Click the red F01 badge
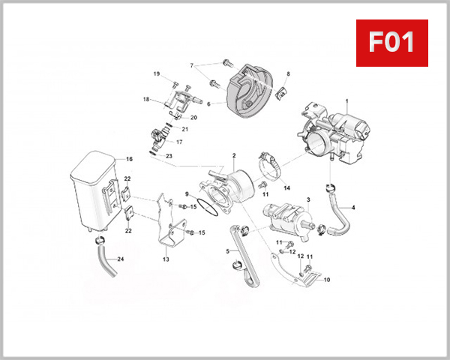pos(390,43)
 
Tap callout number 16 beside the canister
pos(129,159)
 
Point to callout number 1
pos(347,100)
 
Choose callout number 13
pos(166,259)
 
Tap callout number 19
pos(157,73)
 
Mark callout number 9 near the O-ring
pos(187,194)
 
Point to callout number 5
pos(227,252)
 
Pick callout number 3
pos(307,199)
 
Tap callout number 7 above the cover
pos(192,65)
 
